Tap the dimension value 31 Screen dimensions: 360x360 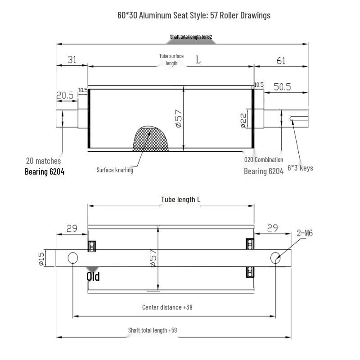coord(72,60)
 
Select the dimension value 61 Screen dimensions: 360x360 coord(281,61)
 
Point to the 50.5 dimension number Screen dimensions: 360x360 coord(282,87)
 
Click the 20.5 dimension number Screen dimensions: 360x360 coord(65,95)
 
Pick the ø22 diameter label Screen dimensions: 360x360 coord(243,121)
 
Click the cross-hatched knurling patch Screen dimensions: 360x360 coord(150,139)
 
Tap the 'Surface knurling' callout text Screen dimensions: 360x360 coord(115,170)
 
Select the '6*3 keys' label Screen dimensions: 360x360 coord(300,168)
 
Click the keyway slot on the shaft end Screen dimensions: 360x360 coord(299,118)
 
